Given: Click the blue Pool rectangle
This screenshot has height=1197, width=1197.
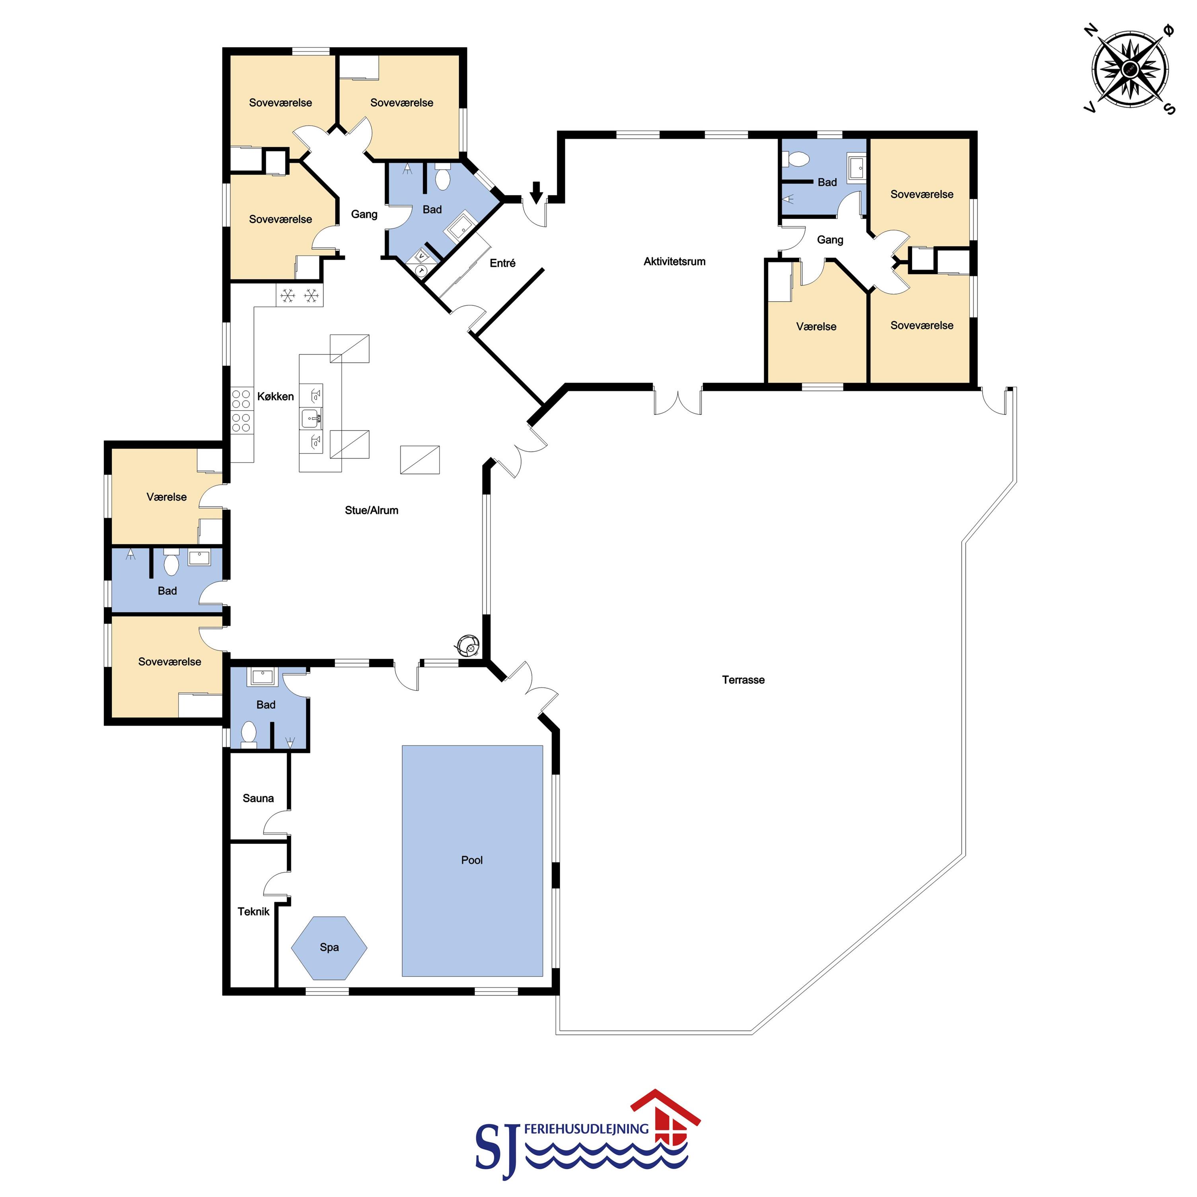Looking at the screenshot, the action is (x=473, y=860).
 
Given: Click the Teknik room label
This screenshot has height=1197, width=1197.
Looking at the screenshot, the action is (x=253, y=911).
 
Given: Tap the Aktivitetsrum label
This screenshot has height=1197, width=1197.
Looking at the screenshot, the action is (x=674, y=261).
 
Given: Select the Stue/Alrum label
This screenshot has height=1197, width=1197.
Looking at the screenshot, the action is (x=372, y=510).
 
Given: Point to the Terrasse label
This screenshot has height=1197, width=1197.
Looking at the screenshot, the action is (x=744, y=680).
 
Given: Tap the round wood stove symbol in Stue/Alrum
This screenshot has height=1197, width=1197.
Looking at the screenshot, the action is (x=468, y=646).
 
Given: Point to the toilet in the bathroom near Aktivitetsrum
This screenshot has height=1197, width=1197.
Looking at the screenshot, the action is (x=797, y=159).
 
